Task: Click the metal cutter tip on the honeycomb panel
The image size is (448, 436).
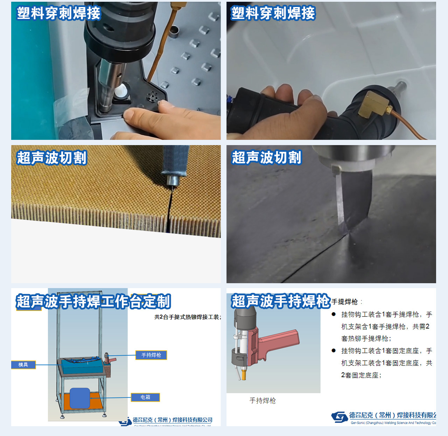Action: (172, 180)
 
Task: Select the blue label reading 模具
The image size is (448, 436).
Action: (23, 365)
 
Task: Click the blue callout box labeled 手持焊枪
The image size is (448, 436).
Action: (151, 355)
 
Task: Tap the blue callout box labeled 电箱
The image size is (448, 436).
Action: (145, 397)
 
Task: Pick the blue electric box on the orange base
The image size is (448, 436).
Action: (80, 398)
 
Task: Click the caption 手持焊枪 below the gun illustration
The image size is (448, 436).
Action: (262, 401)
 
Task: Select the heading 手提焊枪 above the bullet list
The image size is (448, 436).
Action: (345, 302)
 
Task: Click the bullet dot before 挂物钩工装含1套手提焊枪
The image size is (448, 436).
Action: (334, 314)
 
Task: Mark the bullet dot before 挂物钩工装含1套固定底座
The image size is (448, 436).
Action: (334, 350)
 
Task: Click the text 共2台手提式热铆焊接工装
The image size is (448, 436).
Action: (187, 317)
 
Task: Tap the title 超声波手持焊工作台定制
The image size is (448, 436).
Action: (93, 301)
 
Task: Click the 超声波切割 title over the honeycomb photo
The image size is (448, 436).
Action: (51, 158)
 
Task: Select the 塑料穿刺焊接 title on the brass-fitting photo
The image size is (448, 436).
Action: (273, 13)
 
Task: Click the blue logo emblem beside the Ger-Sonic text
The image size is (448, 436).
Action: (339, 417)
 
